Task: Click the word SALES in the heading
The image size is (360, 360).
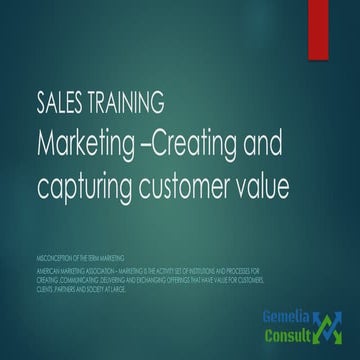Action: click(56, 103)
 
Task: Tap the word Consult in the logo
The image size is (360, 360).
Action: click(289, 340)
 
